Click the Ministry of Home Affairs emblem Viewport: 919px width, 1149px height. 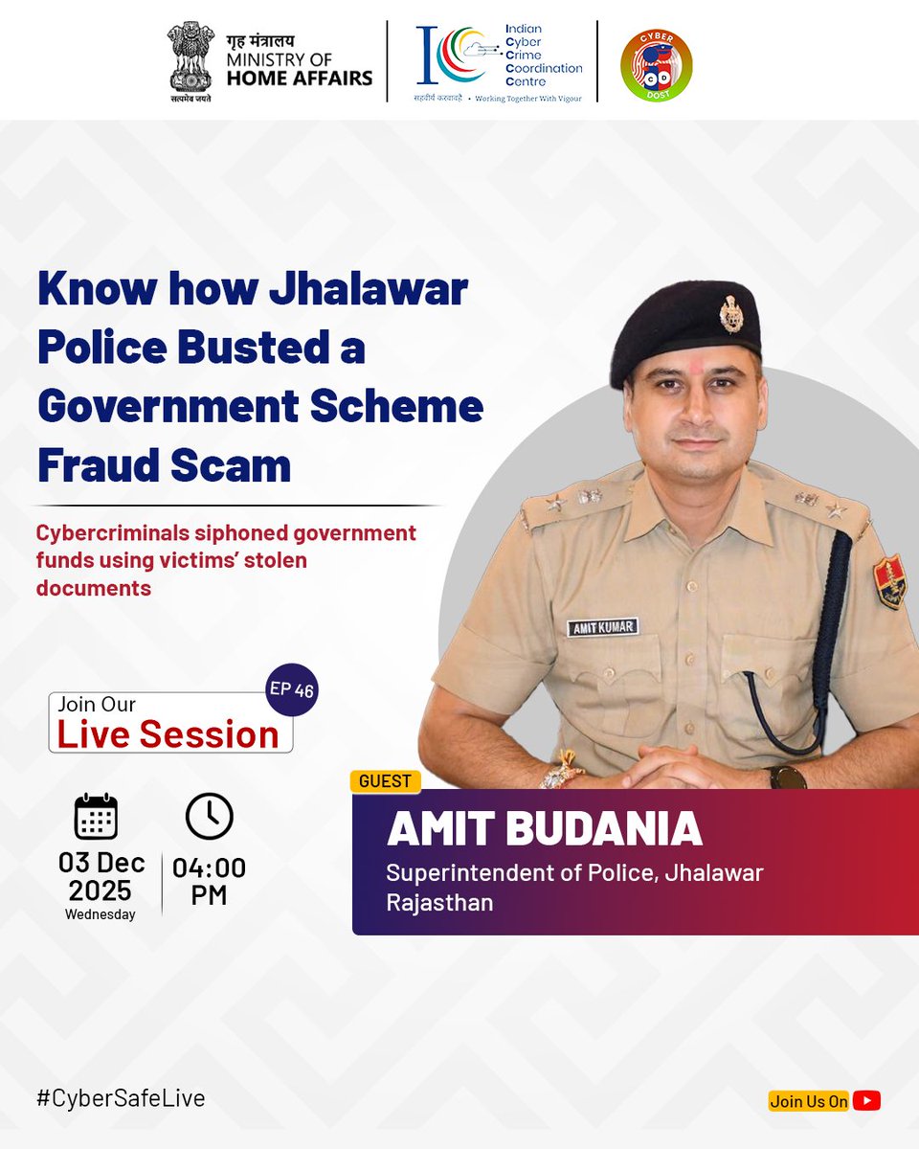(x=190, y=59)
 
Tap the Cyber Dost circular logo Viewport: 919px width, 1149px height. (x=656, y=64)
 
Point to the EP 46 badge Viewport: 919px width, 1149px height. (x=291, y=689)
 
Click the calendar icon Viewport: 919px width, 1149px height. (x=96, y=817)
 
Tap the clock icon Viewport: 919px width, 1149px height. (x=209, y=817)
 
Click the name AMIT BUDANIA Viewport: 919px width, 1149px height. (x=544, y=830)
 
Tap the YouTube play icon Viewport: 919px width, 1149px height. (x=866, y=1101)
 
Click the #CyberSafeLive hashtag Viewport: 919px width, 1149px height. (x=121, y=1097)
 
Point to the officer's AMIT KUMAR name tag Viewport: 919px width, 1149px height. (x=602, y=628)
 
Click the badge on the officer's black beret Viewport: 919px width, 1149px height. (x=731, y=312)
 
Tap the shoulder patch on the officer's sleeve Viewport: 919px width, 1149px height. (x=888, y=582)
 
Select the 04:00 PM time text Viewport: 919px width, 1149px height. (x=209, y=882)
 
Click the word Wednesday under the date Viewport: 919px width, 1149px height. (x=101, y=914)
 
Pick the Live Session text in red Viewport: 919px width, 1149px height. (x=168, y=734)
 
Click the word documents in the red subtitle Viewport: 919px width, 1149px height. (x=94, y=588)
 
